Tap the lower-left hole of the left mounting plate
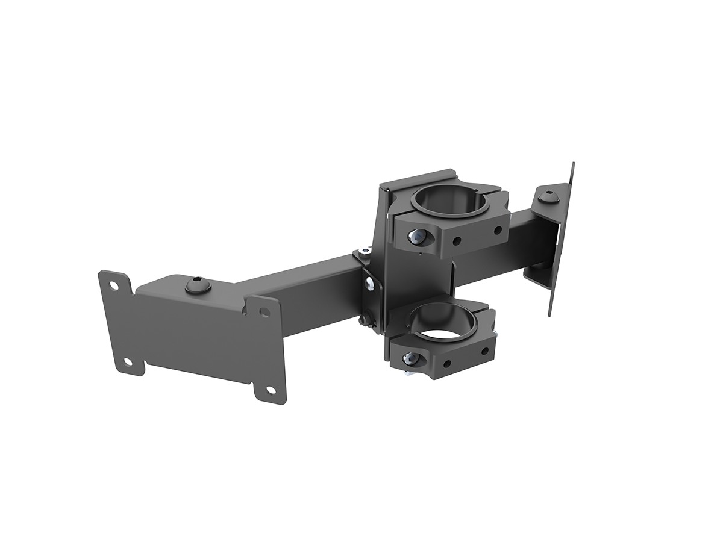click(x=128, y=362)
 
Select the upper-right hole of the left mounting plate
click(x=264, y=311)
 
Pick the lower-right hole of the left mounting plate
click(x=270, y=390)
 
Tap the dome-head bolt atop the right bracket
click(x=548, y=197)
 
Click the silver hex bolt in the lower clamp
click(x=411, y=359)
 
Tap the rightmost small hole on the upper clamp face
click(x=498, y=229)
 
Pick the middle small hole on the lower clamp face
click(x=446, y=363)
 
